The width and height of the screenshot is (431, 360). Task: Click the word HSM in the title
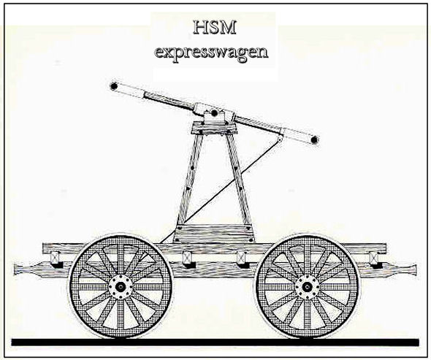tap(215, 28)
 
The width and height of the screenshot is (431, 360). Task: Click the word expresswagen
tap(211, 52)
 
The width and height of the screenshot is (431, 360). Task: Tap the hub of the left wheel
tap(120, 287)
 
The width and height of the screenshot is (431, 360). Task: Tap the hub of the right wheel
tap(307, 287)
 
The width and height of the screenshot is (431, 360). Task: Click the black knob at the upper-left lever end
tap(113, 86)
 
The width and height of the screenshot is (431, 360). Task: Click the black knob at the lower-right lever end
tap(314, 140)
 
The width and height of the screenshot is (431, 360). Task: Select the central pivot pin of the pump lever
tap(214, 112)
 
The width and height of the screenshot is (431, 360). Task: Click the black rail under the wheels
tap(215, 342)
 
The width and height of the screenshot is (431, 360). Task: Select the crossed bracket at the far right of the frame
tap(373, 258)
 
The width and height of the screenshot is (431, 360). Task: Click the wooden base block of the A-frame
tap(214, 234)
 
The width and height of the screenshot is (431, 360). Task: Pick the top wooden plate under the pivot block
tap(214, 129)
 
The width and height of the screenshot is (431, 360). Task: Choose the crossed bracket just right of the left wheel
tap(187, 258)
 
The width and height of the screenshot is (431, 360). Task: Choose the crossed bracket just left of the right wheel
tap(241, 258)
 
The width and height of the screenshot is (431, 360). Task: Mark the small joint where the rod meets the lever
tap(280, 138)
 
